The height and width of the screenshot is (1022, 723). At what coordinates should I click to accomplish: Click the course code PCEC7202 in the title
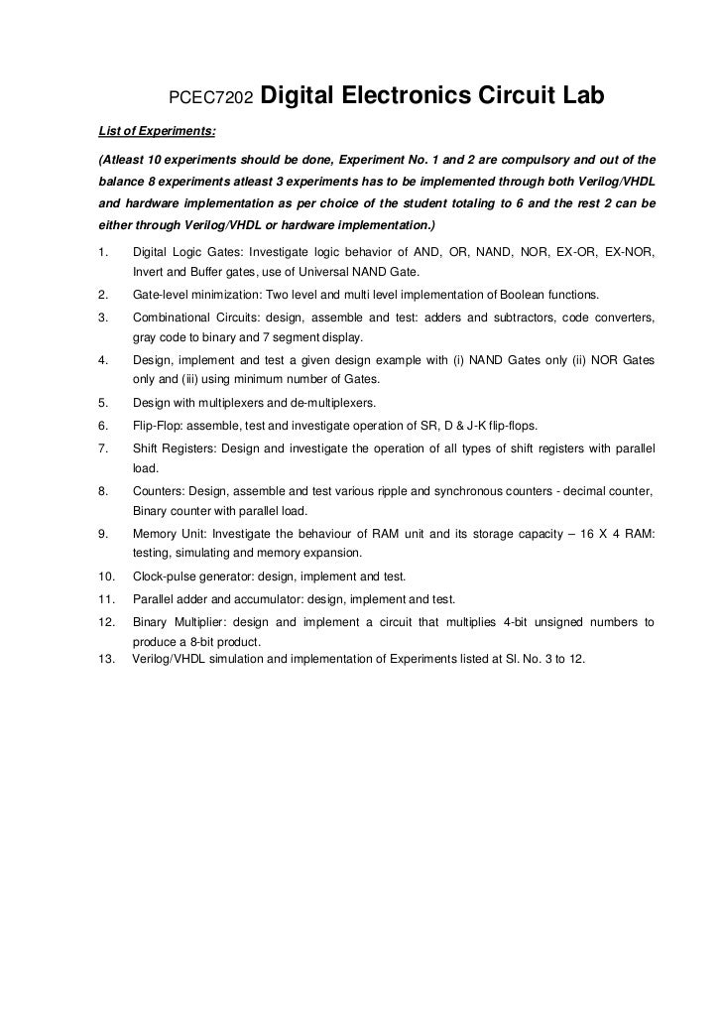[x=212, y=97]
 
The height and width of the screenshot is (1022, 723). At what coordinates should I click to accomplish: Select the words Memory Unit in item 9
[x=167, y=533]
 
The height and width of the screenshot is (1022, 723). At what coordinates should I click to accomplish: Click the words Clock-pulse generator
[x=194, y=575]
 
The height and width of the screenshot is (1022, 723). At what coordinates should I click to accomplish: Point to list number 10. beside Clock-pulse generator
[x=107, y=575]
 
